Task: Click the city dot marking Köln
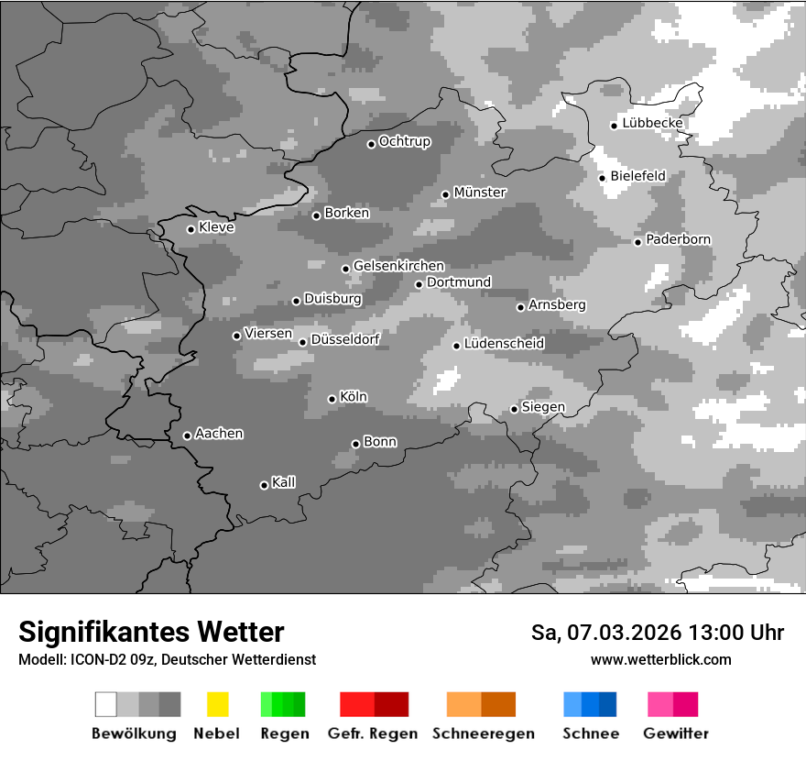pyautogui.click(x=332, y=399)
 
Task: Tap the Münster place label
pyautogui.click(x=480, y=193)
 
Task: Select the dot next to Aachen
pyautogui.click(x=187, y=436)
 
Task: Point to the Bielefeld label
pyautogui.click(x=637, y=176)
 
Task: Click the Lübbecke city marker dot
pyautogui.click(x=615, y=126)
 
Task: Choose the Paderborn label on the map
pyautogui.click(x=678, y=240)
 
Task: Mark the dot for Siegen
pyautogui.click(x=514, y=409)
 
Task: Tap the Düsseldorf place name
pyautogui.click(x=345, y=339)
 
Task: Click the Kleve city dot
pyautogui.click(x=191, y=229)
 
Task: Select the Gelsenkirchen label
pyautogui.click(x=398, y=267)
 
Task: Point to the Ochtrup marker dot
pyautogui.click(x=371, y=144)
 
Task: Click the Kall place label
pyautogui.click(x=283, y=482)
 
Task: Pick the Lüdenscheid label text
pyautogui.click(x=504, y=344)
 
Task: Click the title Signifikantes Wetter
pyautogui.click(x=151, y=633)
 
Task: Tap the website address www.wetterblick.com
pyautogui.click(x=660, y=660)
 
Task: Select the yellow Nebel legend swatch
pyautogui.click(x=217, y=704)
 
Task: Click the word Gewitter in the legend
pyautogui.click(x=675, y=733)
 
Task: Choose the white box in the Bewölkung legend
pyautogui.click(x=106, y=704)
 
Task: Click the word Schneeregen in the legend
pyautogui.click(x=483, y=733)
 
